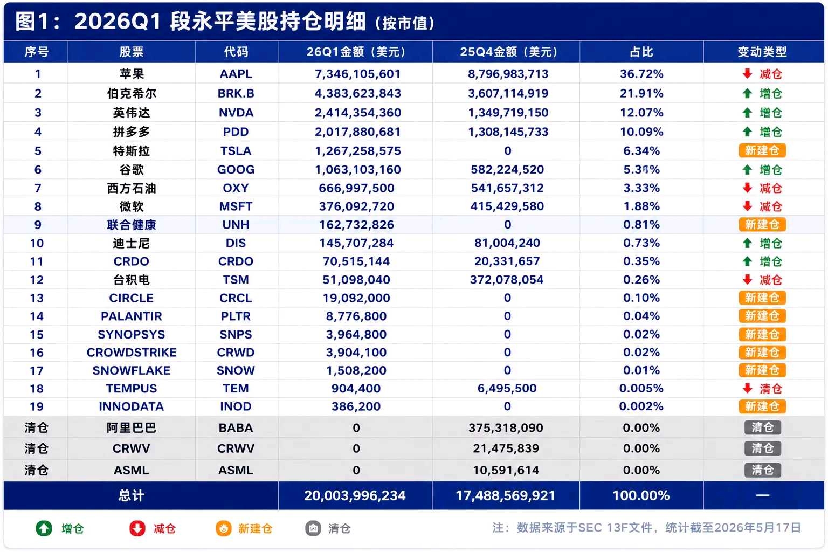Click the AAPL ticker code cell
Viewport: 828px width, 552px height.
236,74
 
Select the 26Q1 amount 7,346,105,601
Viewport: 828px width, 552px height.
357,74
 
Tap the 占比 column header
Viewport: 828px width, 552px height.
641,52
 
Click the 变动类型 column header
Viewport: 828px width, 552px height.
762,52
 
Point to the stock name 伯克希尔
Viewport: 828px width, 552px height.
132,93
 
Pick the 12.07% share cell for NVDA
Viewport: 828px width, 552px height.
641,113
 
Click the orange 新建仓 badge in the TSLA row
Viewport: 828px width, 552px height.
762,151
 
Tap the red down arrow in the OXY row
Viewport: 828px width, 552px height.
748,188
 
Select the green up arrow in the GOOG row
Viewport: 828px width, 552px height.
748,170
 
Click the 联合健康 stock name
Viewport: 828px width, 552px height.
132,225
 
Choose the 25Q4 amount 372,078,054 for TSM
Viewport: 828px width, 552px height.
507,280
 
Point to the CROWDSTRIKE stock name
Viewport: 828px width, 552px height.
132,353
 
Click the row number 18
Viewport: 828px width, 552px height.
37,389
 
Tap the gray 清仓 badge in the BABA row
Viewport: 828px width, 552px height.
763,428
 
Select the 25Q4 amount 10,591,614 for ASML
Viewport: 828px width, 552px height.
506,470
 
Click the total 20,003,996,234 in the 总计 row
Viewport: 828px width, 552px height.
355,495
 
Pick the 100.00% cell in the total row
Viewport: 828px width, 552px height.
641,495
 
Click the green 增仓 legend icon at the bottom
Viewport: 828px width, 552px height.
44,528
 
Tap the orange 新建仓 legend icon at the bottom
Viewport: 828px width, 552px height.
224,528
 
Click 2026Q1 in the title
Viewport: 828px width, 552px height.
118,21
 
